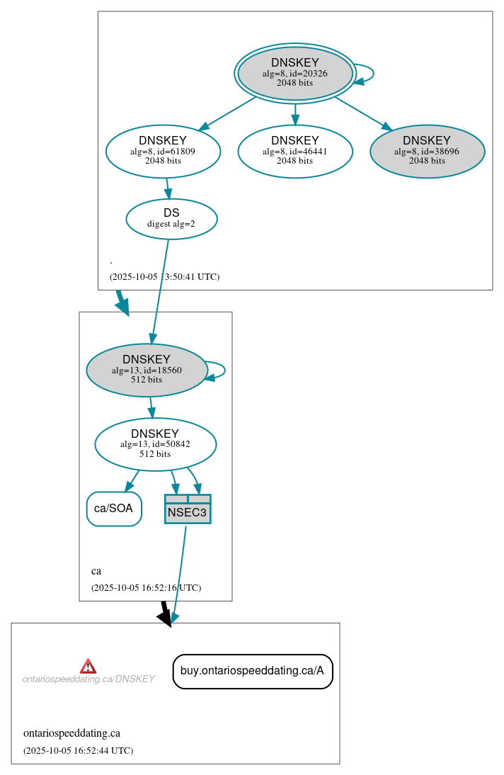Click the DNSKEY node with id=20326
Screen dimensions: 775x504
[x=295, y=73]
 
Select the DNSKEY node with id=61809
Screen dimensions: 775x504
[x=163, y=151]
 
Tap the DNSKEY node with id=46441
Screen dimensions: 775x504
[x=295, y=151]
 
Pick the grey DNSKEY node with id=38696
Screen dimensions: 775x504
[x=427, y=151]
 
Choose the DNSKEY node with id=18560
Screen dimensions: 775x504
[x=147, y=370]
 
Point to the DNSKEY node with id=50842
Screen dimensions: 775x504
[x=155, y=444]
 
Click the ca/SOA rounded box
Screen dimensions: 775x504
[x=114, y=509]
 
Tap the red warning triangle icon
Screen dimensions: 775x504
[x=88, y=666]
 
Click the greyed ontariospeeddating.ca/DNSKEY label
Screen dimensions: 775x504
[x=88, y=679]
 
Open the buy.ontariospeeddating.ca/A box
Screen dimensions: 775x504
[x=253, y=671]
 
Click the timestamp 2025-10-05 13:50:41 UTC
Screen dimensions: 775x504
[x=164, y=277]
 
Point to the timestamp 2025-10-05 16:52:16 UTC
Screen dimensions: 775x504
[x=146, y=588]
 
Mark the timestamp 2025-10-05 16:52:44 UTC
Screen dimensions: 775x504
[x=78, y=751]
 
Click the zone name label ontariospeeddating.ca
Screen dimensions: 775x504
[x=71, y=733]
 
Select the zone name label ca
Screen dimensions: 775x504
[x=96, y=571]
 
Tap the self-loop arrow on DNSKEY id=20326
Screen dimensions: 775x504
[x=367, y=74]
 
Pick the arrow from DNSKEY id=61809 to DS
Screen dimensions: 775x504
[x=167, y=188]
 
